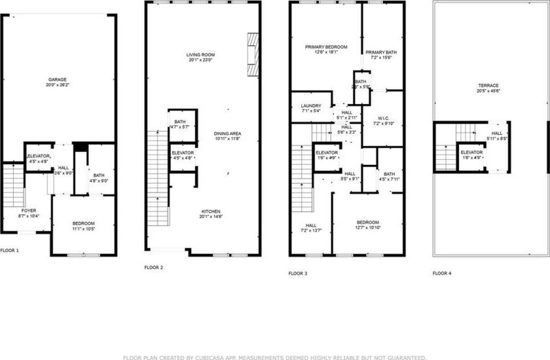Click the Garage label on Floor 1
tap(58, 80)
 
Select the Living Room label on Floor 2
tap(201, 55)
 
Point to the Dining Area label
tap(227, 134)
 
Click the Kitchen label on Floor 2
tap(210, 211)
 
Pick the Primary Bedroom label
tap(325, 47)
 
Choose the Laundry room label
tap(311, 106)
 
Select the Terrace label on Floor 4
tap(488, 86)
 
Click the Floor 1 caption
tap(10, 251)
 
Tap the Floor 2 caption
tap(154, 268)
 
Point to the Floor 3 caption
tap(298, 273)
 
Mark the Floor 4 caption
tap(442, 273)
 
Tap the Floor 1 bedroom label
tap(83, 224)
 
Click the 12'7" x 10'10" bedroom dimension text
tap(367, 228)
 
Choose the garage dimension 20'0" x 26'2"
tap(58, 85)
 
